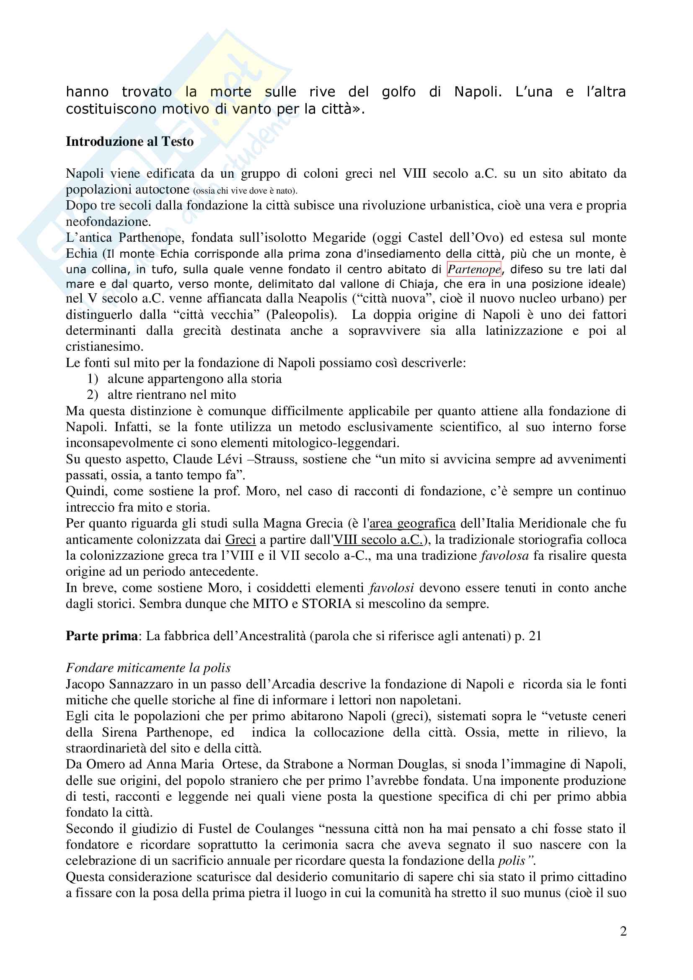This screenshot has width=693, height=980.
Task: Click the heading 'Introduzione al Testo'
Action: coord(130,141)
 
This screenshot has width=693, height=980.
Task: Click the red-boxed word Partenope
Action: coord(474,269)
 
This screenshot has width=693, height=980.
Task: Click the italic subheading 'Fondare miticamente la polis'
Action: coord(148,667)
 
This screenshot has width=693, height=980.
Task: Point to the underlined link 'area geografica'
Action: coord(412,523)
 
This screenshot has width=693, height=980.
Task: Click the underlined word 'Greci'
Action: coord(240,540)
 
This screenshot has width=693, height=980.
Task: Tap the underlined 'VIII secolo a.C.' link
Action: coord(378,540)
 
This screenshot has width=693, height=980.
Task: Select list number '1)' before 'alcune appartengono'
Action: coord(93,379)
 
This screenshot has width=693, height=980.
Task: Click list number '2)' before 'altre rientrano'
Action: coord(93,395)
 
